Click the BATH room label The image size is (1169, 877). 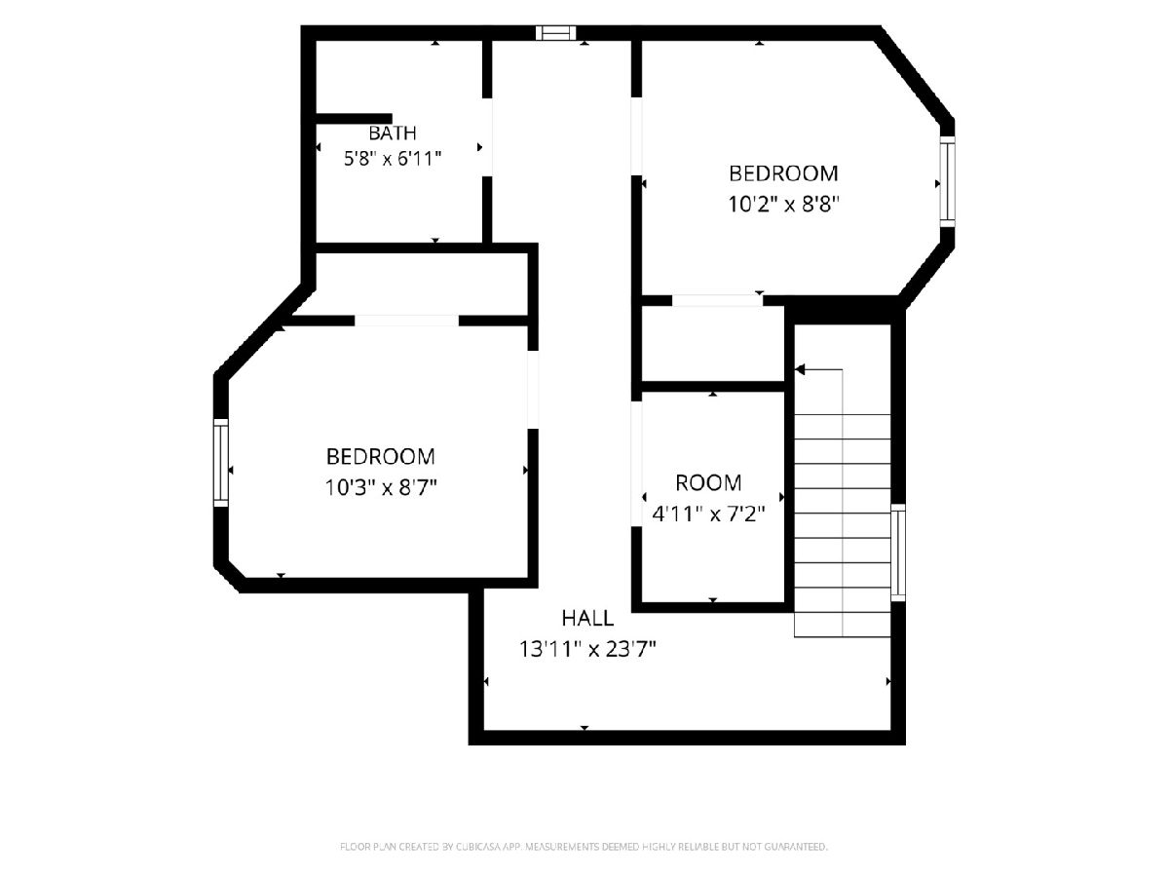tap(392, 133)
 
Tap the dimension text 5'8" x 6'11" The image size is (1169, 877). tap(393, 158)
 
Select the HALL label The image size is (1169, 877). tap(587, 618)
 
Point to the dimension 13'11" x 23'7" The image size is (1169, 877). tap(587, 649)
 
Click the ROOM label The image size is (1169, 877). tap(708, 483)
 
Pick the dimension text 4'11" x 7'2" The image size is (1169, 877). tap(708, 514)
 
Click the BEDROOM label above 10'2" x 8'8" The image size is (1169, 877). tap(783, 173)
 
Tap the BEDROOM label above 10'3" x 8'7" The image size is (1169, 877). tap(380, 456)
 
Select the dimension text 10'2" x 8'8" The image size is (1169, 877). tap(783, 204)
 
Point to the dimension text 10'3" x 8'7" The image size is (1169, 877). tap(380, 487)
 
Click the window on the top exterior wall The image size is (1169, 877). tap(556, 33)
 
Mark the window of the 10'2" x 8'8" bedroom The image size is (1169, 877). tap(947, 182)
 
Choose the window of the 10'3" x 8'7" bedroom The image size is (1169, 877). tap(220, 463)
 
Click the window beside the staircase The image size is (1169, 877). tap(898, 553)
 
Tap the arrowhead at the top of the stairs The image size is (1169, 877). tap(800, 369)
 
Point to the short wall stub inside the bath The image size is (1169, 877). tap(355, 119)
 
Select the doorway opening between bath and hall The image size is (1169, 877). tap(487, 137)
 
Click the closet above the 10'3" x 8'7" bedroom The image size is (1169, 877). tap(421, 284)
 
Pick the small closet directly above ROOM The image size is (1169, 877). tap(713, 343)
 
